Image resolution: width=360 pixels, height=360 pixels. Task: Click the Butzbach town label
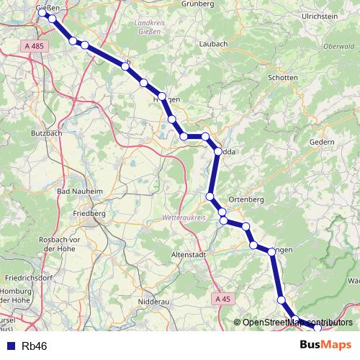(47, 133)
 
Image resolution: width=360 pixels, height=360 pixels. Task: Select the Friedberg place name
(89, 214)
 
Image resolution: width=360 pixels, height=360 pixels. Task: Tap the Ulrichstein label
(320, 15)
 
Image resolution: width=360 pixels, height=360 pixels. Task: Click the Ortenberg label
(246, 199)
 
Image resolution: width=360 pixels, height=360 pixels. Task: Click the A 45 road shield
(223, 298)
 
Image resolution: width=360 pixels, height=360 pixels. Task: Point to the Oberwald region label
(338, 46)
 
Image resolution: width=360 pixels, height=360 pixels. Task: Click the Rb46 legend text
(35, 346)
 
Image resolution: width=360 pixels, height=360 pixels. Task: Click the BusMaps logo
(325, 346)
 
